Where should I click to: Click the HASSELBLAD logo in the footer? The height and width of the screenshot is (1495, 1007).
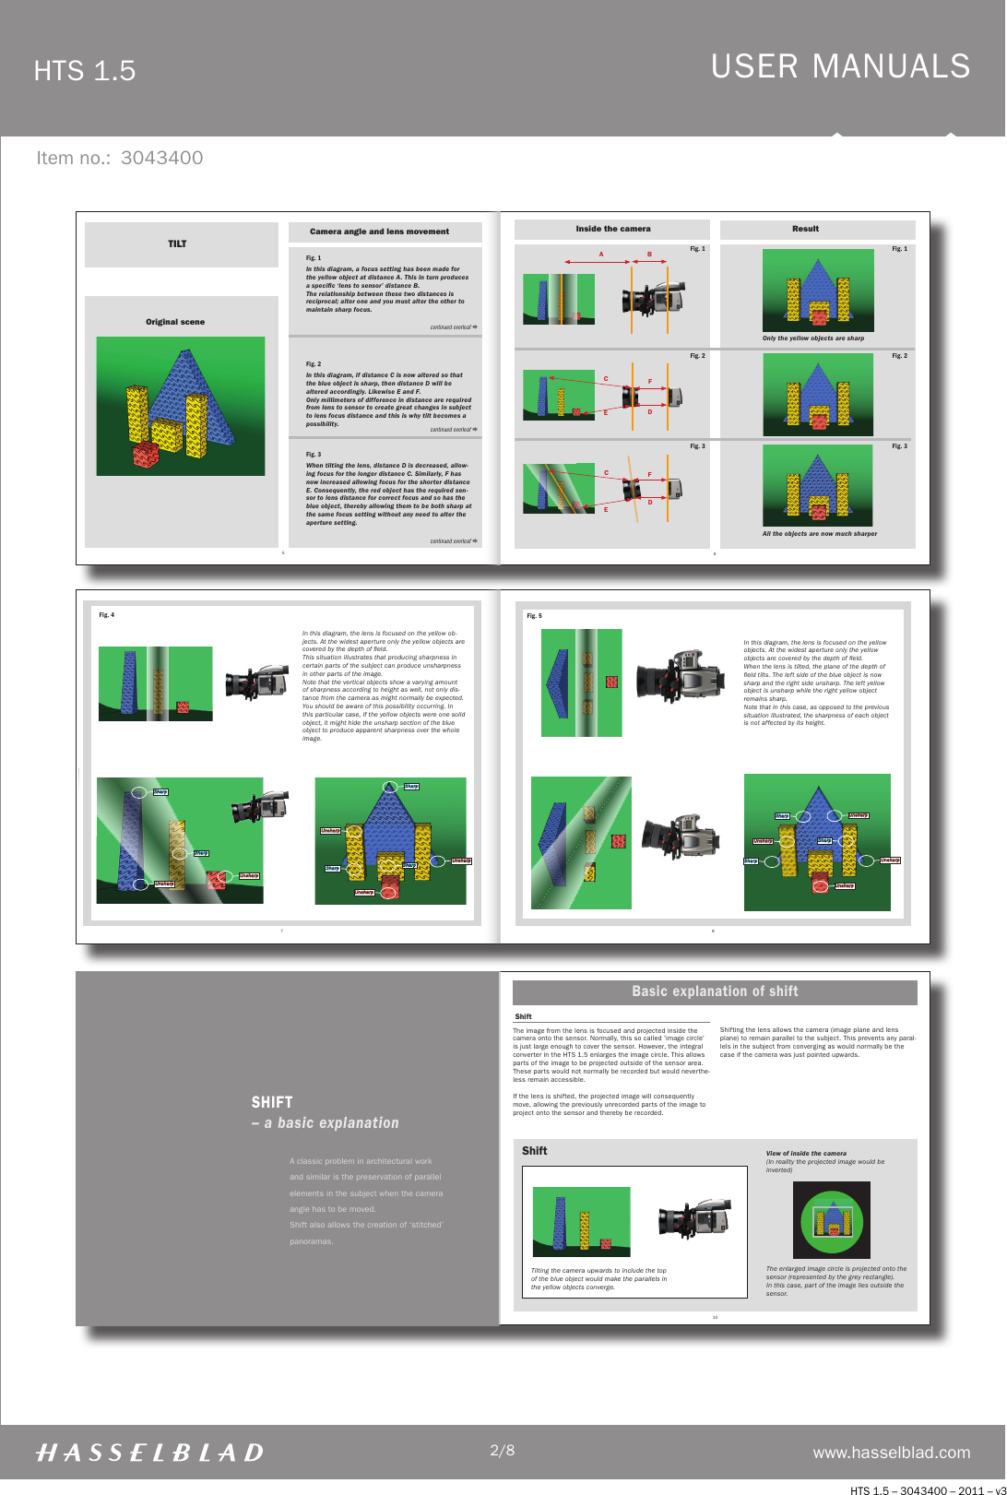click(149, 1453)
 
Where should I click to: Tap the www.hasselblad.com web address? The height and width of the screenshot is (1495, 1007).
click(891, 1453)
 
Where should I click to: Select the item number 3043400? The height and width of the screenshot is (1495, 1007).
click(161, 158)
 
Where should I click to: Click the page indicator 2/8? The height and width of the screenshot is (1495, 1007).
click(502, 1450)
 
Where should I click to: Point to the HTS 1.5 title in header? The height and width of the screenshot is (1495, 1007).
click(84, 71)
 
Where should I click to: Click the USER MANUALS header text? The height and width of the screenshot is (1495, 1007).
click(840, 66)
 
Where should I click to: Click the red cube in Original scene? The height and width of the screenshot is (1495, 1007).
click(146, 455)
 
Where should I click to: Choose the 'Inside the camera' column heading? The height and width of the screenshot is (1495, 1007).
click(612, 229)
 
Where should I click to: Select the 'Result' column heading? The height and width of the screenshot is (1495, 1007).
click(805, 229)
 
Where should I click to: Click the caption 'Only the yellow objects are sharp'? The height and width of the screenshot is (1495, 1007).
click(812, 338)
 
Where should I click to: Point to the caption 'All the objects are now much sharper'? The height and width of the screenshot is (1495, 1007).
click(819, 534)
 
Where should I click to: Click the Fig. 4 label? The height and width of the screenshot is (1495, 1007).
click(107, 615)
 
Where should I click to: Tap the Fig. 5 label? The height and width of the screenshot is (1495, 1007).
click(534, 616)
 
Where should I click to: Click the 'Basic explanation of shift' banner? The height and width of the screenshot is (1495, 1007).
click(715, 991)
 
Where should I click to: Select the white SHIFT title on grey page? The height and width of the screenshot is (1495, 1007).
click(272, 1102)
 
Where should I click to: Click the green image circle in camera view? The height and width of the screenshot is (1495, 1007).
click(832, 1220)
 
